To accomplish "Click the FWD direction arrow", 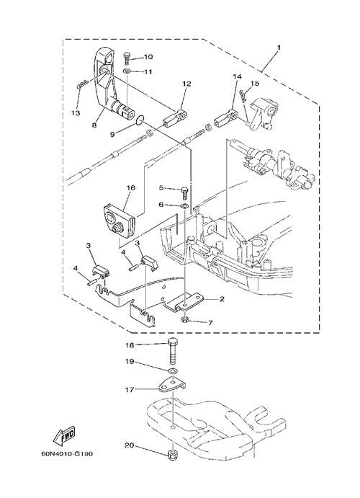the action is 65,435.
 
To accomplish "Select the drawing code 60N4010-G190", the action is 67,454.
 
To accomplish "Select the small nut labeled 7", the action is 186,319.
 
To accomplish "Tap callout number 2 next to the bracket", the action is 222,298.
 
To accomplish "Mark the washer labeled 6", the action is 184,206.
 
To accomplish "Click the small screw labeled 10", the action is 127,58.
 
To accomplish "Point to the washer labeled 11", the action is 127,70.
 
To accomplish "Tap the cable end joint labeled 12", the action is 174,117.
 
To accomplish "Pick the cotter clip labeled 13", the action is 82,86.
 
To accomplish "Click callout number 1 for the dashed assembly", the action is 279,48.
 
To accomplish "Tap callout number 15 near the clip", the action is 255,84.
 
